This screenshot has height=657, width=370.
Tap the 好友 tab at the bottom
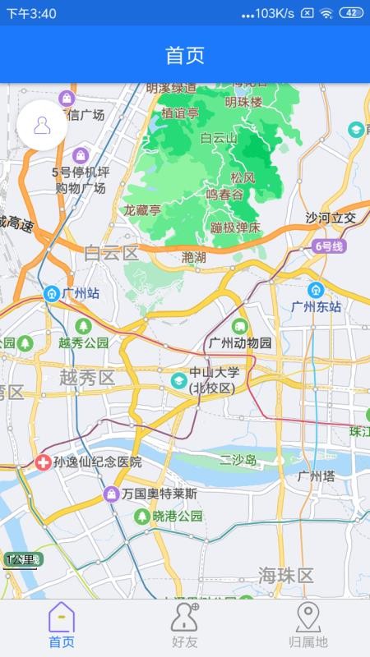click(184, 627)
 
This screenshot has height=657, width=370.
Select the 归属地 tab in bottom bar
click(308, 627)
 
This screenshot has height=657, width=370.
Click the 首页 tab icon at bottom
click(62, 618)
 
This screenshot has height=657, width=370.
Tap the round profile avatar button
click(42, 125)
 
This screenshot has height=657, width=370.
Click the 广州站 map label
click(80, 293)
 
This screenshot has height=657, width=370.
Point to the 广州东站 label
click(316, 306)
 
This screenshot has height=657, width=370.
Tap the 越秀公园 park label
click(83, 342)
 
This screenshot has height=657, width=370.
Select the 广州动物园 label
click(240, 342)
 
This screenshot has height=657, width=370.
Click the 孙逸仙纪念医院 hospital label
click(97, 462)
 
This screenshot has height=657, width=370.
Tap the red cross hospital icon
click(42, 462)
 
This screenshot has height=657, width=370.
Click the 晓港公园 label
click(177, 516)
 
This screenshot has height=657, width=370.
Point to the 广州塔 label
click(316, 476)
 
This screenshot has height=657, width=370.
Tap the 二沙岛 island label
click(238, 460)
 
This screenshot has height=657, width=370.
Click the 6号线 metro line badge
click(330, 246)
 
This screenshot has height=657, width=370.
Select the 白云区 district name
click(112, 253)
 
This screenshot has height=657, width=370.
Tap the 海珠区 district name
click(285, 575)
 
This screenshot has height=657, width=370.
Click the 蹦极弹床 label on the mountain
click(235, 227)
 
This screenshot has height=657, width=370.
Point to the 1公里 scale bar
click(21, 561)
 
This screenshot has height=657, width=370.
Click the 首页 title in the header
click(185, 55)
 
